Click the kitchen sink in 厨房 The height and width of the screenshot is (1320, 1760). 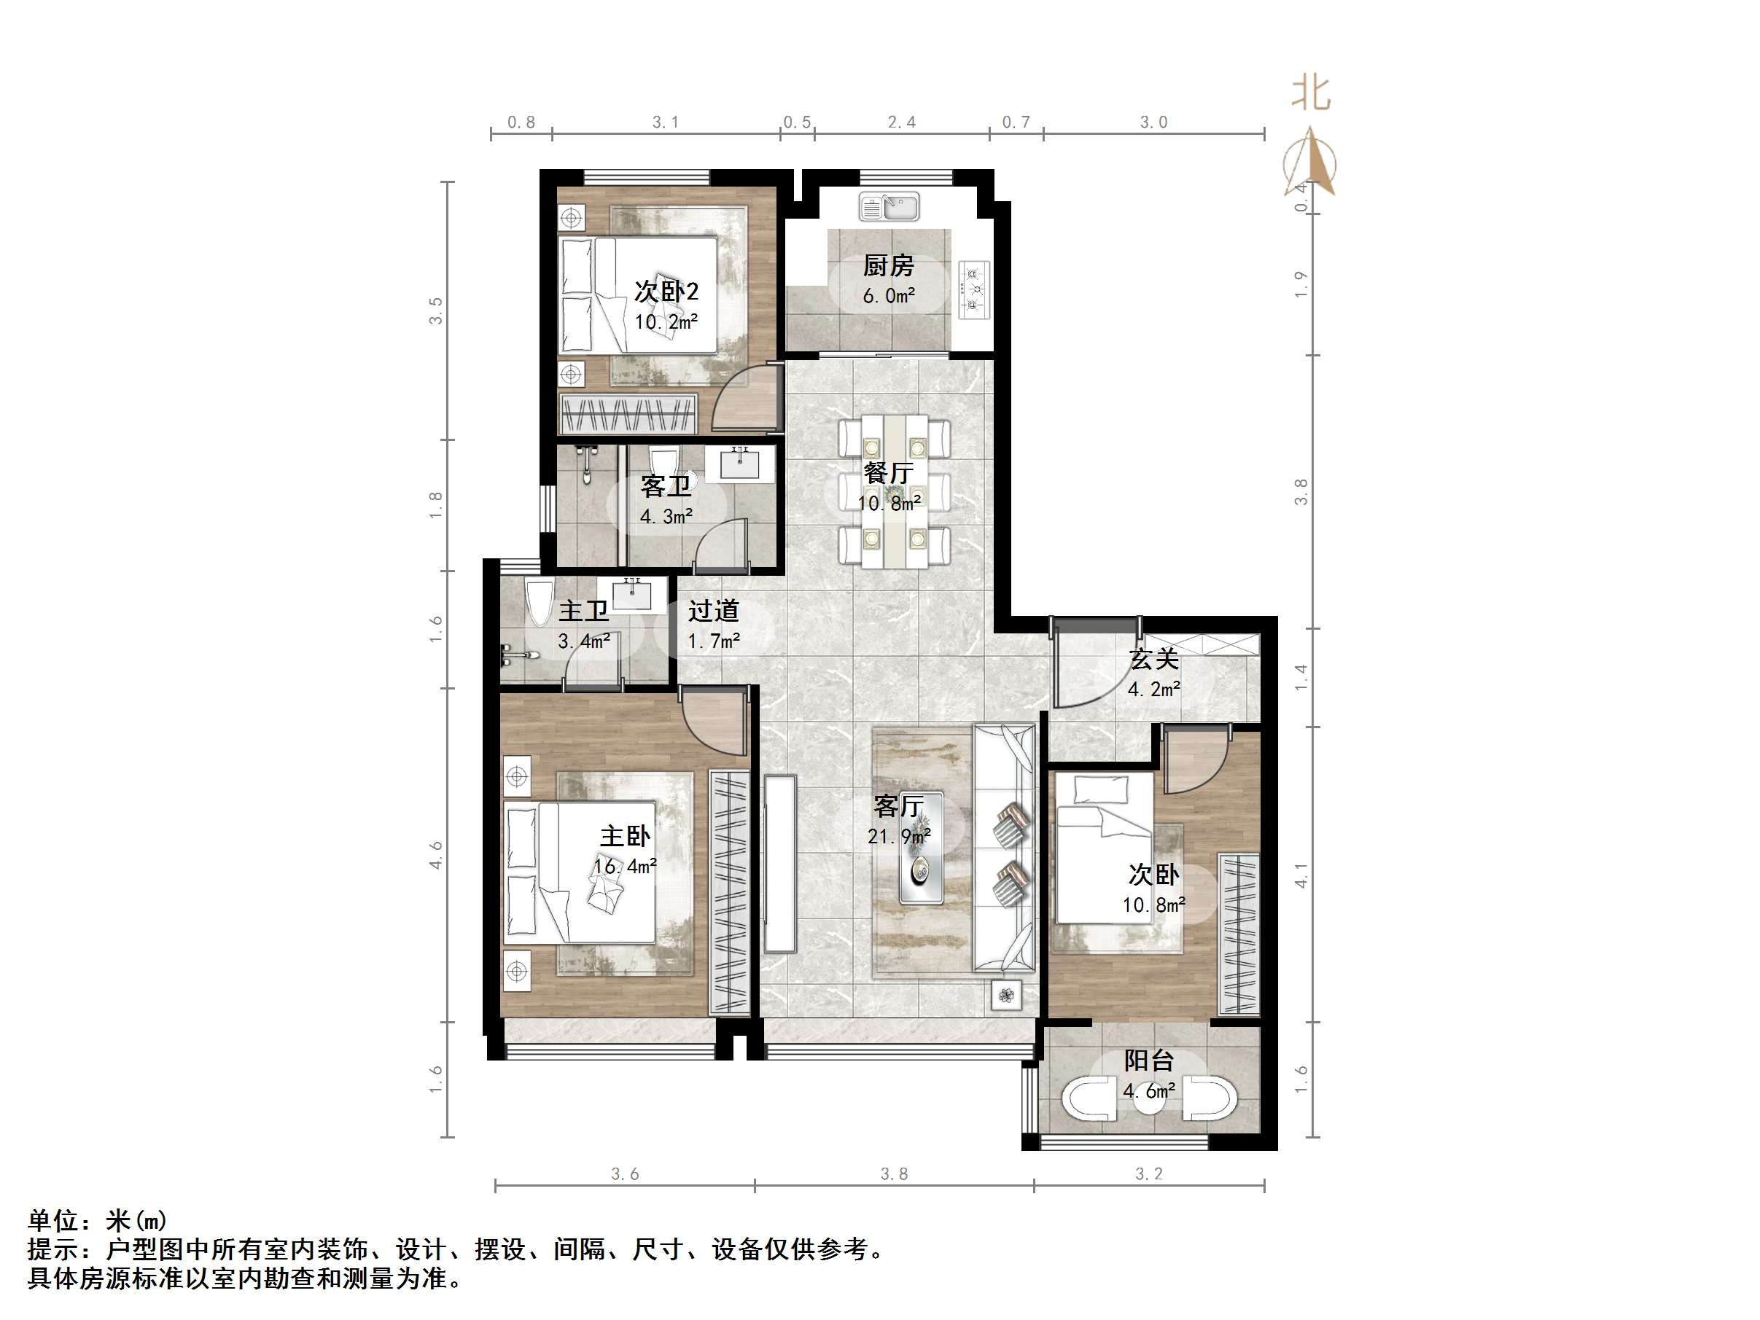pos(888,207)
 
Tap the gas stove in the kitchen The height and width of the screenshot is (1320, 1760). pos(974,289)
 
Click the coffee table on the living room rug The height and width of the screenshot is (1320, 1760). pos(922,848)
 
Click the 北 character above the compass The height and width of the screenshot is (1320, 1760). pos(1310,93)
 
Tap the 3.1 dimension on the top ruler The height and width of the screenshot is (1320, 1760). pos(665,122)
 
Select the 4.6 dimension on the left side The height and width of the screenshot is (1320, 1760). pos(435,854)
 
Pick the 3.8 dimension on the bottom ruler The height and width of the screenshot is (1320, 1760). pos(894,1173)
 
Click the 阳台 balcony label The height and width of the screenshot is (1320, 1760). pos(1148,1061)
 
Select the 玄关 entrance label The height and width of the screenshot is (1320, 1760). pos(1153,659)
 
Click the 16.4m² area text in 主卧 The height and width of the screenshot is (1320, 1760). pos(626,867)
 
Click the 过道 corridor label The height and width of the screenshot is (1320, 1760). pos(713,611)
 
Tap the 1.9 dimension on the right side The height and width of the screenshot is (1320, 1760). pos(1300,284)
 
